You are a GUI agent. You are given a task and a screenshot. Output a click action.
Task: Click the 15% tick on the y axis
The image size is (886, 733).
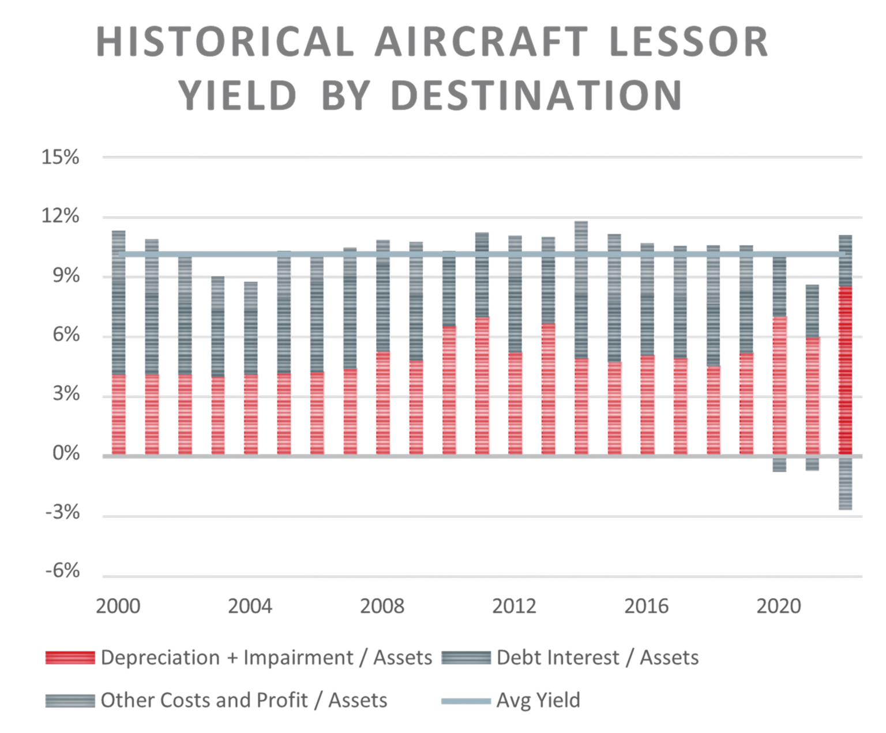tap(60, 157)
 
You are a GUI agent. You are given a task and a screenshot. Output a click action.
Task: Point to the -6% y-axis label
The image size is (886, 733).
tap(62, 571)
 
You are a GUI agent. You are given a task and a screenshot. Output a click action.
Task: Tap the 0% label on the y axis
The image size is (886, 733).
tap(66, 453)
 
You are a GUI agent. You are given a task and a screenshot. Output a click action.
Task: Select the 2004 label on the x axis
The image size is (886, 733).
tap(250, 606)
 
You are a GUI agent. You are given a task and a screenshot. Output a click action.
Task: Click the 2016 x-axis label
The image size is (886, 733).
tap(646, 606)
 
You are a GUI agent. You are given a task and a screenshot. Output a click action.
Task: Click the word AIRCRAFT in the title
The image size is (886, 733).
tap(481, 43)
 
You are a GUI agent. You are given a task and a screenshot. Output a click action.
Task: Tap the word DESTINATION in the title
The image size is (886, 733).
tap(536, 96)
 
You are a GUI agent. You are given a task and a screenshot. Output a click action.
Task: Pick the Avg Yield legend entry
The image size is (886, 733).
tap(538, 700)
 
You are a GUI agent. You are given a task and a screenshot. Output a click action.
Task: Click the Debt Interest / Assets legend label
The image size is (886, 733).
tap(597, 657)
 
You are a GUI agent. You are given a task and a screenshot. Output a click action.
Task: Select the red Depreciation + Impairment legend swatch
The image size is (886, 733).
tap(70, 657)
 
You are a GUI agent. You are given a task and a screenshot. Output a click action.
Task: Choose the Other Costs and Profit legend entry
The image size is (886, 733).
tap(243, 700)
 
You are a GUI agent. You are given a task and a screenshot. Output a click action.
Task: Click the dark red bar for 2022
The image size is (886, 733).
tap(845, 372)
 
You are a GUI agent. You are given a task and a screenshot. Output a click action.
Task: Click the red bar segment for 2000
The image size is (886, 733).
tap(119, 415)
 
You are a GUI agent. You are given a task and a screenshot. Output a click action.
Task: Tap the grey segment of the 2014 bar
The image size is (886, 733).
tap(581, 288)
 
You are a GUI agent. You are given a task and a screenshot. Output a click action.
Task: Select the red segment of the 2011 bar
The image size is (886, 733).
tap(482, 386)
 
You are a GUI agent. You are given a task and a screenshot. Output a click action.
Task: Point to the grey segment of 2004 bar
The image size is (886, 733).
tap(251, 329)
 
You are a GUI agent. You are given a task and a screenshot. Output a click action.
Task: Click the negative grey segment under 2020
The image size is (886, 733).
tap(779, 464)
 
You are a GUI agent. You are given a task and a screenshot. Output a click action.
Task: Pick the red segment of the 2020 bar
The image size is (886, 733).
tap(779, 386)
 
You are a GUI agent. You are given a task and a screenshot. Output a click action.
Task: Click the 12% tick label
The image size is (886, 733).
tap(60, 216)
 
